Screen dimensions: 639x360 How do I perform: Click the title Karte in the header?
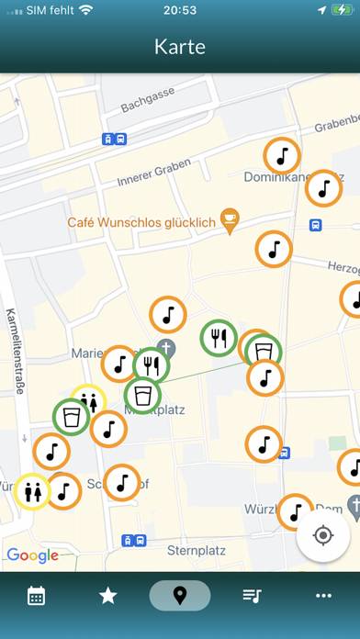pyautogui.click(x=180, y=47)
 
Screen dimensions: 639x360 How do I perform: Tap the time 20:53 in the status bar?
pyautogui.click(x=180, y=10)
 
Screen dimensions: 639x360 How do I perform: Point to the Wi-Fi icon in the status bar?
pyautogui.click(x=86, y=10)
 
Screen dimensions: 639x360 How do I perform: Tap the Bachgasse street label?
pyautogui.click(x=147, y=95)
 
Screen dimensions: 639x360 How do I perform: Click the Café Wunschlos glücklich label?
pyautogui.click(x=141, y=221)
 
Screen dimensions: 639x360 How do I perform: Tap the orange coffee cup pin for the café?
pyautogui.click(x=230, y=219)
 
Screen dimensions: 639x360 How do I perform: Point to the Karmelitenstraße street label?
pyautogui.click(x=16, y=349)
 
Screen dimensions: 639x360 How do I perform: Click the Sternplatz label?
pyautogui.click(x=197, y=550)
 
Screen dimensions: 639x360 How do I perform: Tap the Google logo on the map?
pyautogui.click(x=32, y=555)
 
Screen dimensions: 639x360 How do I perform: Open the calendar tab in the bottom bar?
pyautogui.click(x=37, y=596)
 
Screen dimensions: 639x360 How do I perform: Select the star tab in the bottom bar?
pyautogui.click(x=108, y=596)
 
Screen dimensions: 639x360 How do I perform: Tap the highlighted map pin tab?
pyautogui.click(x=180, y=596)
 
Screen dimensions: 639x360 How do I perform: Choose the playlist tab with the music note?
pyautogui.click(x=252, y=596)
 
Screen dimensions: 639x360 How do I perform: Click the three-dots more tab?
pyautogui.click(x=323, y=596)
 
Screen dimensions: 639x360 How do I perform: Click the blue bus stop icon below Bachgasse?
pyautogui.click(x=114, y=140)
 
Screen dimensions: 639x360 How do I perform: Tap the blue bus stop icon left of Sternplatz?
pyautogui.click(x=134, y=541)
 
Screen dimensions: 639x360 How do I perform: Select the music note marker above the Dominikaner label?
pyautogui.click(x=282, y=155)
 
